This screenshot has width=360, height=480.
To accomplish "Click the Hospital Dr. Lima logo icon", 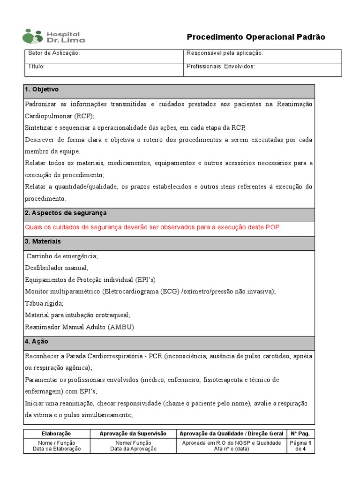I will point(33,37).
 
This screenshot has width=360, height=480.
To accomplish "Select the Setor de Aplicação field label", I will point(54,53).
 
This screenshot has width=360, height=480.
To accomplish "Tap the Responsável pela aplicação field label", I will point(225,53).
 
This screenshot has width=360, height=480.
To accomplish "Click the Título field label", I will point(37,67).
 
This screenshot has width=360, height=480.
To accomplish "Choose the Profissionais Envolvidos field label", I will point(220,67).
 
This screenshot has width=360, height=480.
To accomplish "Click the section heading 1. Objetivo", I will point(42,90).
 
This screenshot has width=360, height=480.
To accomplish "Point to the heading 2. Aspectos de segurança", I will point(66,213).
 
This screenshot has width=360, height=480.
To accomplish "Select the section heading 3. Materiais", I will point(43,242).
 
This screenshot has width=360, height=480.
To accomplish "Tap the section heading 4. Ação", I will point(36,342).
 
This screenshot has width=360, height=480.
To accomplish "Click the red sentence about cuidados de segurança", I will point(153,227).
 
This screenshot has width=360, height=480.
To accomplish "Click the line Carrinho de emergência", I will point(62,256).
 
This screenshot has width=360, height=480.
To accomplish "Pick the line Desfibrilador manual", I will point(56,268).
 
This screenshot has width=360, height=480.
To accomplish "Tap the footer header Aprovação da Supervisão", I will point(133,434).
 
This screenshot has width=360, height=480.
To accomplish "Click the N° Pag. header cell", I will point(300,434).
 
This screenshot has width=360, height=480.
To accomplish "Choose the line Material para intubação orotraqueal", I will point(77,315).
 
